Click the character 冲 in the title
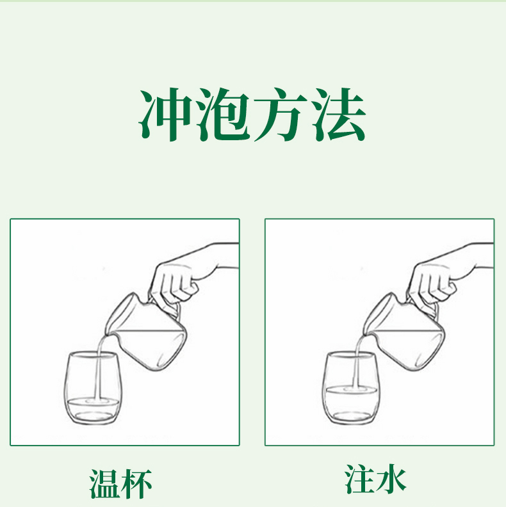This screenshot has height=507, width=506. click(165, 114)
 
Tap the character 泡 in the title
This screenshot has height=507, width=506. click(224, 114)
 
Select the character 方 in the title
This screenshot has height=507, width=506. click(281, 114)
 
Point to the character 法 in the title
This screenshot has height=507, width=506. click(339, 114)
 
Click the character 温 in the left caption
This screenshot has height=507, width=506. click(104, 484)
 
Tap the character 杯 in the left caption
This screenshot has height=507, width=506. click(136, 484)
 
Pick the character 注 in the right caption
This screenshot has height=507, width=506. click(359, 479)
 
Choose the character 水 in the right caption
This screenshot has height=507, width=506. click(391, 479)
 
